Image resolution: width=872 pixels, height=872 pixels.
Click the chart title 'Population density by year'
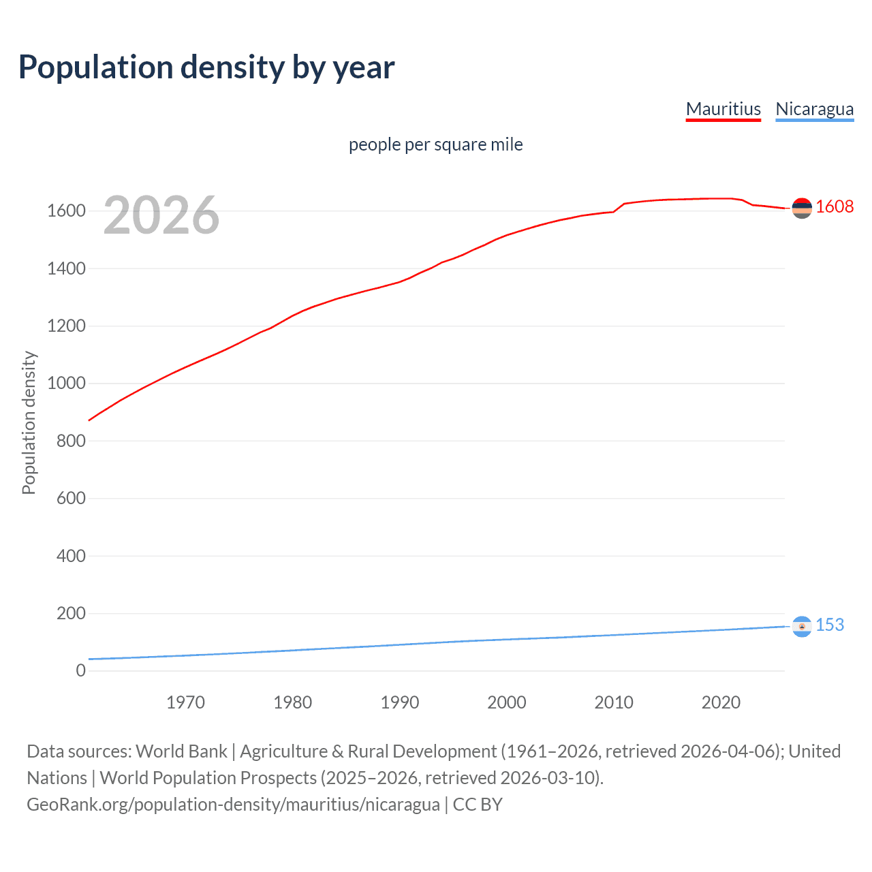(206, 67)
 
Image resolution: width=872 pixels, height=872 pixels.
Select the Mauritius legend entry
(723, 109)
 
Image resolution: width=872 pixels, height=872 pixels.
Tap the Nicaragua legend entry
(814, 109)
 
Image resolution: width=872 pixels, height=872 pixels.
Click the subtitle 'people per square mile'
(435, 144)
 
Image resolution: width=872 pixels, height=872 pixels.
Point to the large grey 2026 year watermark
(161, 215)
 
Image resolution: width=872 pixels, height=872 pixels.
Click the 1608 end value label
(835, 206)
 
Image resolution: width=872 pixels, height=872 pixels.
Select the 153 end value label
(829, 625)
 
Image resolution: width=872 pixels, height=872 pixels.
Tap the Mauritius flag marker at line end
(802, 208)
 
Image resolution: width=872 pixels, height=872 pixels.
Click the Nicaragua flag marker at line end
(802, 626)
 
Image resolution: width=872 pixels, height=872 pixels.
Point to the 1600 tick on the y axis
(66, 211)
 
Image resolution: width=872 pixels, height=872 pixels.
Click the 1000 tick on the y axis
(66, 384)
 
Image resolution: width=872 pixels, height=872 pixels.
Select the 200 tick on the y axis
(71, 613)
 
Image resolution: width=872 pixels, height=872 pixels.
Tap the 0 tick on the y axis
(81, 671)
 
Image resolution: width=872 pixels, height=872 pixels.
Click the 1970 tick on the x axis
(185, 702)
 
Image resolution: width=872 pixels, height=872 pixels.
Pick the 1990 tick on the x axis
(400, 702)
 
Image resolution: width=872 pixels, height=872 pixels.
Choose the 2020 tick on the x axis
(721, 702)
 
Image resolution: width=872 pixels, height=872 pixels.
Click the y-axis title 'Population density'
(29, 422)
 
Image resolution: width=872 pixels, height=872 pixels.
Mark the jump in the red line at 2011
(619, 207)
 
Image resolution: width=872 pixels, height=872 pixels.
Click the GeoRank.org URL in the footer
(233, 805)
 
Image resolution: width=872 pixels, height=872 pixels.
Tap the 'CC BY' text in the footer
(478, 805)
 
